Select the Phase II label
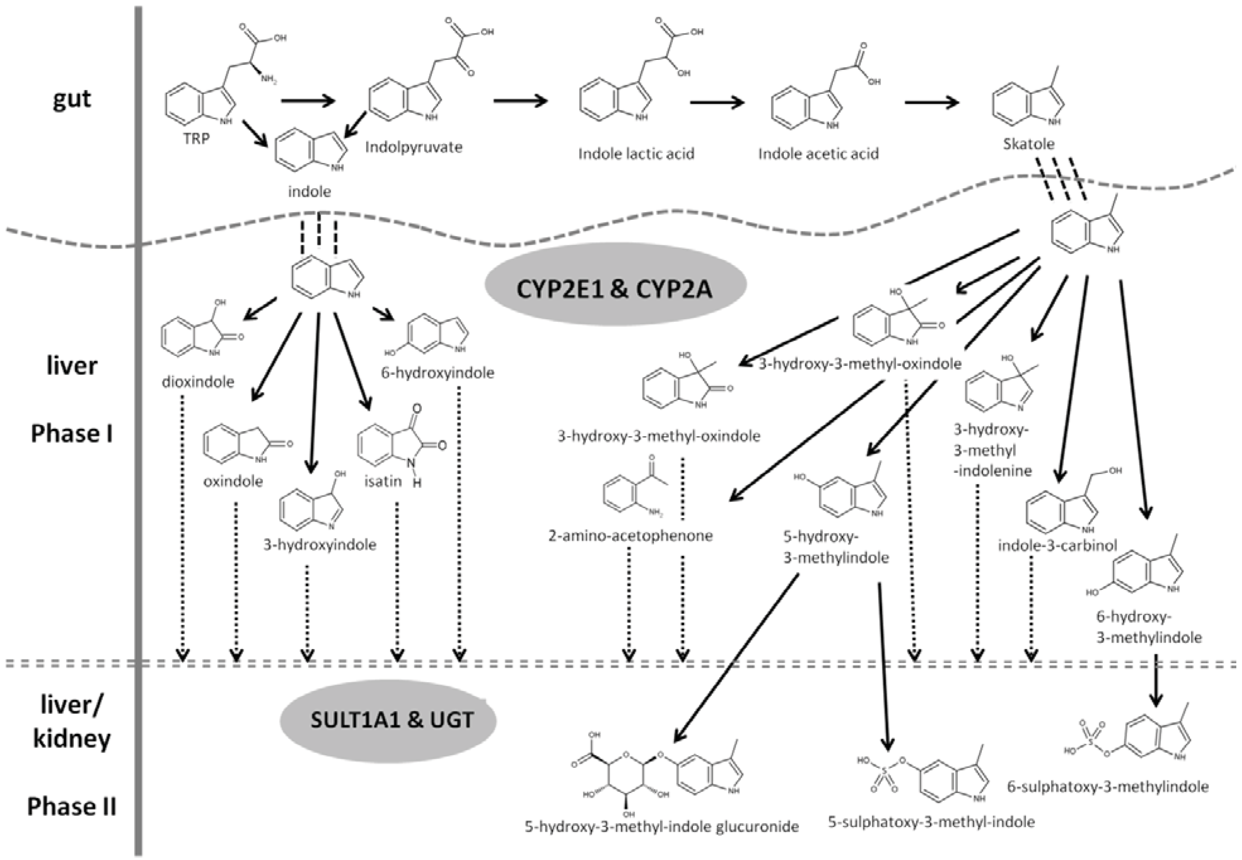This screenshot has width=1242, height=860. tap(72, 807)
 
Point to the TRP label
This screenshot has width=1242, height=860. tap(196, 138)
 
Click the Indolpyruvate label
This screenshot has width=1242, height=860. tap(413, 147)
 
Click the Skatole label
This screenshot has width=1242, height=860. tap(1028, 144)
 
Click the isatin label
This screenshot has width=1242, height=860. tap(382, 481)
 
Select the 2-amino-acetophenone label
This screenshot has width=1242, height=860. tap(630, 536)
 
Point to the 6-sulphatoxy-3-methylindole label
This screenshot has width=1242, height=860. tap(1108, 787)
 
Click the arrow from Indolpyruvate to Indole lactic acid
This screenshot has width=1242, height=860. tap(520, 101)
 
